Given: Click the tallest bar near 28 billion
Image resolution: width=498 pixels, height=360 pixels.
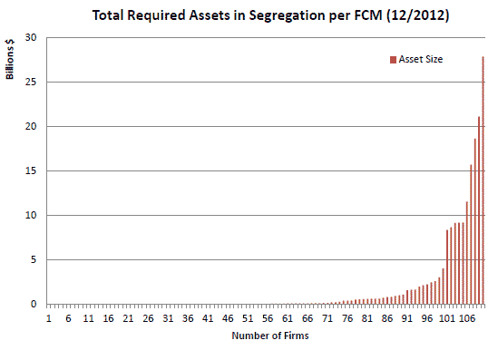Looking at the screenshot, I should click(483, 181).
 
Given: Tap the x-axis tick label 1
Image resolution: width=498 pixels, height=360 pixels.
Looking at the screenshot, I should click(49, 318).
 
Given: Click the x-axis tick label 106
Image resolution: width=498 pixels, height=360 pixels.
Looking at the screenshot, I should click(466, 318).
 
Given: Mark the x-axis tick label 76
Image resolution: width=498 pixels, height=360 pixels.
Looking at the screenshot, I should click(347, 318).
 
